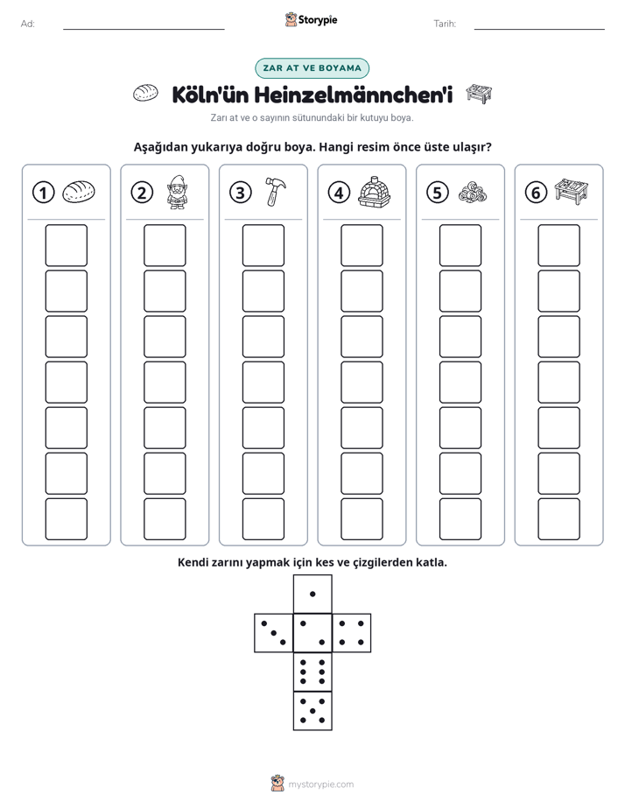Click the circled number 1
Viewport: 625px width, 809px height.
pos(43,193)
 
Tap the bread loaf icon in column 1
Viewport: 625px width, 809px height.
pos(79,192)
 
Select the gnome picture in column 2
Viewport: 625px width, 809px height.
pos(176,192)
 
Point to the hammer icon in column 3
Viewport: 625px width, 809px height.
pos(276,192)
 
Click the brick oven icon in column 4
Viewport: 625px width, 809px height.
pos(375,192)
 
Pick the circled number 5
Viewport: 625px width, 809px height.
pos(438,193)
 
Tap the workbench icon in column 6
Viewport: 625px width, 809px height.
pos(572,191)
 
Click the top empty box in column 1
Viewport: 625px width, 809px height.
pos(66,245)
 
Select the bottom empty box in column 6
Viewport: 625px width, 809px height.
pos(558,519)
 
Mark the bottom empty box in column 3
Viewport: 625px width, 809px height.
pos(263,519)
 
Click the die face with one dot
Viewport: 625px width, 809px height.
pos(312,594)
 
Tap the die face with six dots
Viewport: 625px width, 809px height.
pos(312,672)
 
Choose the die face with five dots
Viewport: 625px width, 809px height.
pos(312,711)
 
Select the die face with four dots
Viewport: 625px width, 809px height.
pos(352,632)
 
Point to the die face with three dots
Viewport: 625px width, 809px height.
pos(274,632)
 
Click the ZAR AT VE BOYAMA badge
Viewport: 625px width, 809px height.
pos(312,68)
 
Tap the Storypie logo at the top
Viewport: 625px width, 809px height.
pos(311,19)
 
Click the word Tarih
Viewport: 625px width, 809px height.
pos(445,24)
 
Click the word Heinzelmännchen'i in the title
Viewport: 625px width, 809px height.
pos(354,95)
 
